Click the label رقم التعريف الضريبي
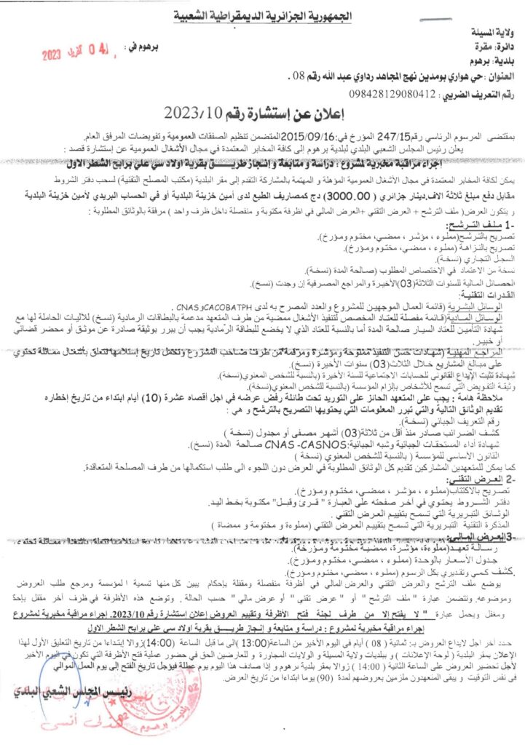click(x=465, y=94)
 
